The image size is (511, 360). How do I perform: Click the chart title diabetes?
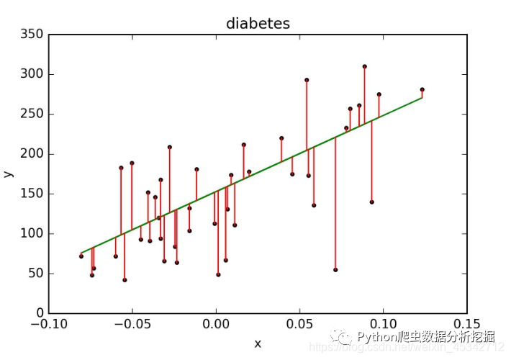pos(258,24)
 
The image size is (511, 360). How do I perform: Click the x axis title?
pos(258,344)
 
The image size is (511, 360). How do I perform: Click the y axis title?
pos(8,174)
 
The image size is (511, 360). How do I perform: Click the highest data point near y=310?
pos(364,66)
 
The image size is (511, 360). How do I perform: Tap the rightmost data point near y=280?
pos(422,89)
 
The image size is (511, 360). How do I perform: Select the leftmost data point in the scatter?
pos(81,256)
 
